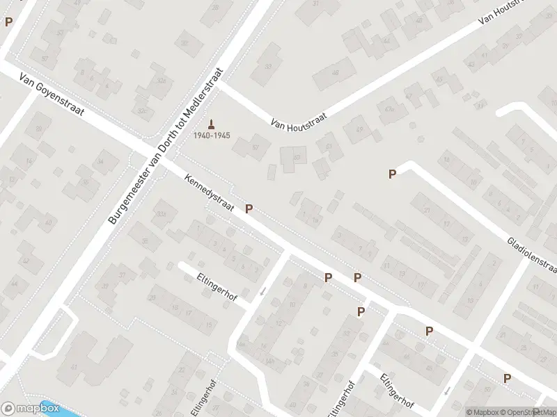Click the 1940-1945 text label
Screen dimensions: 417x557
click(212, 135)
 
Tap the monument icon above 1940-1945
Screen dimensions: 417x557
click(212, 123)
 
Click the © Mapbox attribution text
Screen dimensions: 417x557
click(482, 412)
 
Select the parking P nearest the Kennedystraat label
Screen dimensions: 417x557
click(249, 208)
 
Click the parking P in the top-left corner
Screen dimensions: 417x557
click(8, 22)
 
